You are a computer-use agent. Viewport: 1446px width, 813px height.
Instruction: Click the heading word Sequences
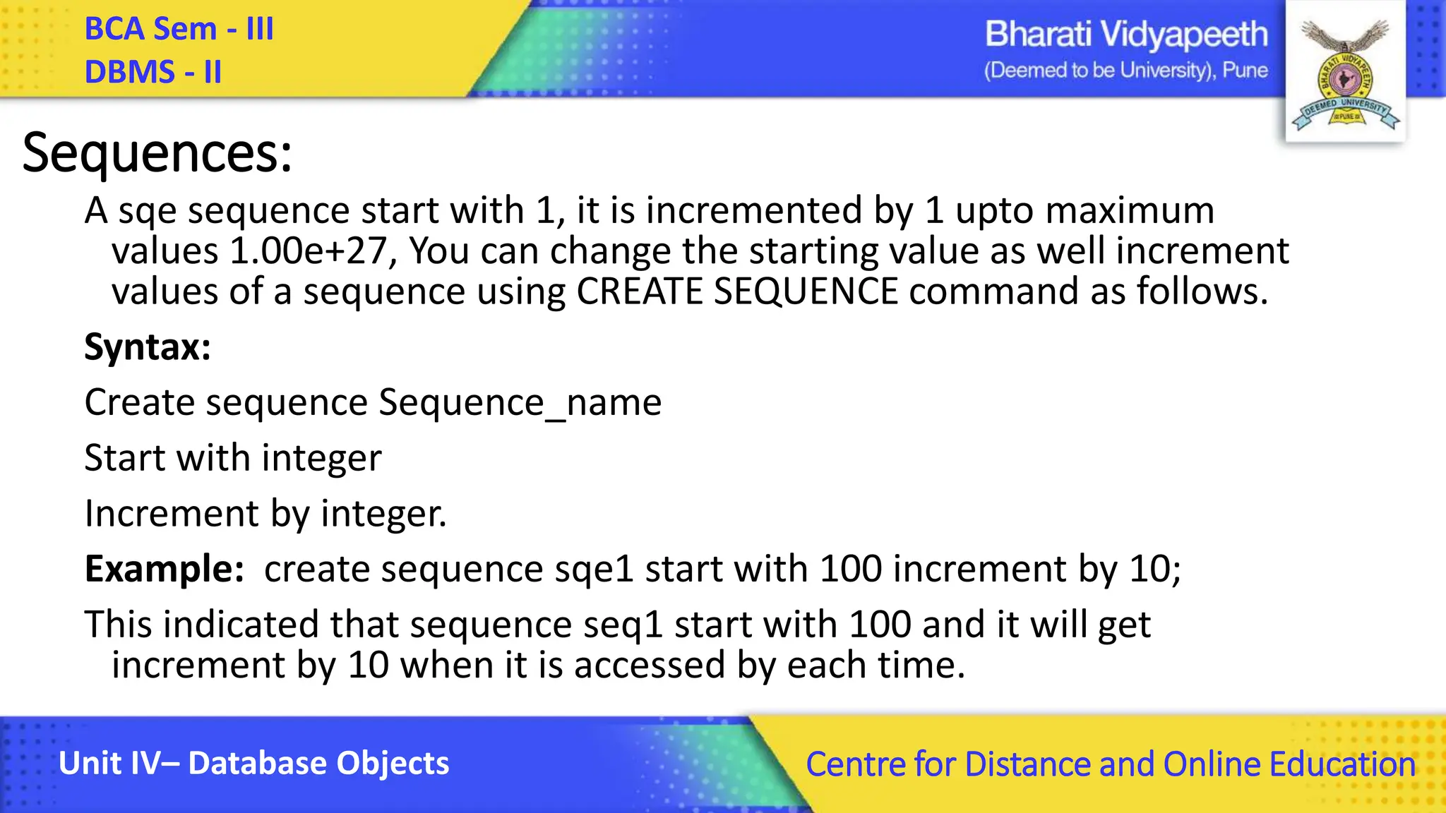click(157, 153)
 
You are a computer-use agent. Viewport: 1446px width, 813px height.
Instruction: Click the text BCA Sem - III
click(179, 30)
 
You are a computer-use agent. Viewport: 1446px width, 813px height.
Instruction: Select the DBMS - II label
click(153, 72)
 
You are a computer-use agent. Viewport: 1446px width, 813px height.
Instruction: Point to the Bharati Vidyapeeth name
click(1126, 35)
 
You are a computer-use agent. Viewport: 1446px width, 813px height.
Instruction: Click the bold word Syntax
click(147, 347)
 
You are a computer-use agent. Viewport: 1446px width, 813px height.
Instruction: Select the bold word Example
click(164, 569)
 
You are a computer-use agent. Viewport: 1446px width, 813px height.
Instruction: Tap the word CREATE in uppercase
click(640, 291)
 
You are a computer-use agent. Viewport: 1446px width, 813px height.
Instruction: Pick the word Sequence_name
click(520, 403)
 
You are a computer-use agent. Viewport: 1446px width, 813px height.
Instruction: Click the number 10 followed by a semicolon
click(1155, 569)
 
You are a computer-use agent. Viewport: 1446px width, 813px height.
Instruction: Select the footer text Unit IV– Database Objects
click(253, 764)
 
